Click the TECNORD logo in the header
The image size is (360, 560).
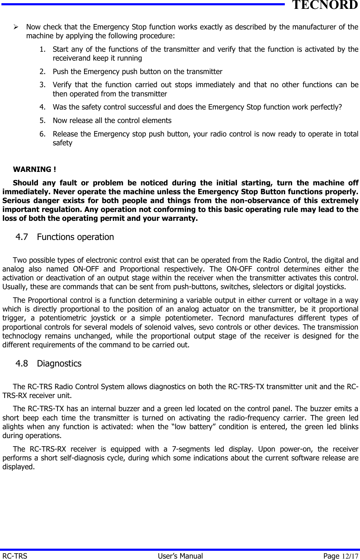click(x=325, y=5)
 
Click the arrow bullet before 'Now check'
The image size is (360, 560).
click(x=16, y=27)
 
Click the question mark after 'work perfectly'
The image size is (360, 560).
click(x=340, y=107)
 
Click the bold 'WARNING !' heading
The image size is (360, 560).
click(x=34, y=169)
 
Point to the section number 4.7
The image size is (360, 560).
click(x=22, y=237)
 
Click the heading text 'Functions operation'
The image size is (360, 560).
click(x=75, y=237)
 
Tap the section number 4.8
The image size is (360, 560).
click(x=22, y=363)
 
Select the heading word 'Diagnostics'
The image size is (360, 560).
click(x=59, y=363)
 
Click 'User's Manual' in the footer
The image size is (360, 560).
click(x=180, y=556)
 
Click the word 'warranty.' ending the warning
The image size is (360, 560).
click(x=181, y=218)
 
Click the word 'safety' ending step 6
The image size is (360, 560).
click(x=62, y=143)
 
